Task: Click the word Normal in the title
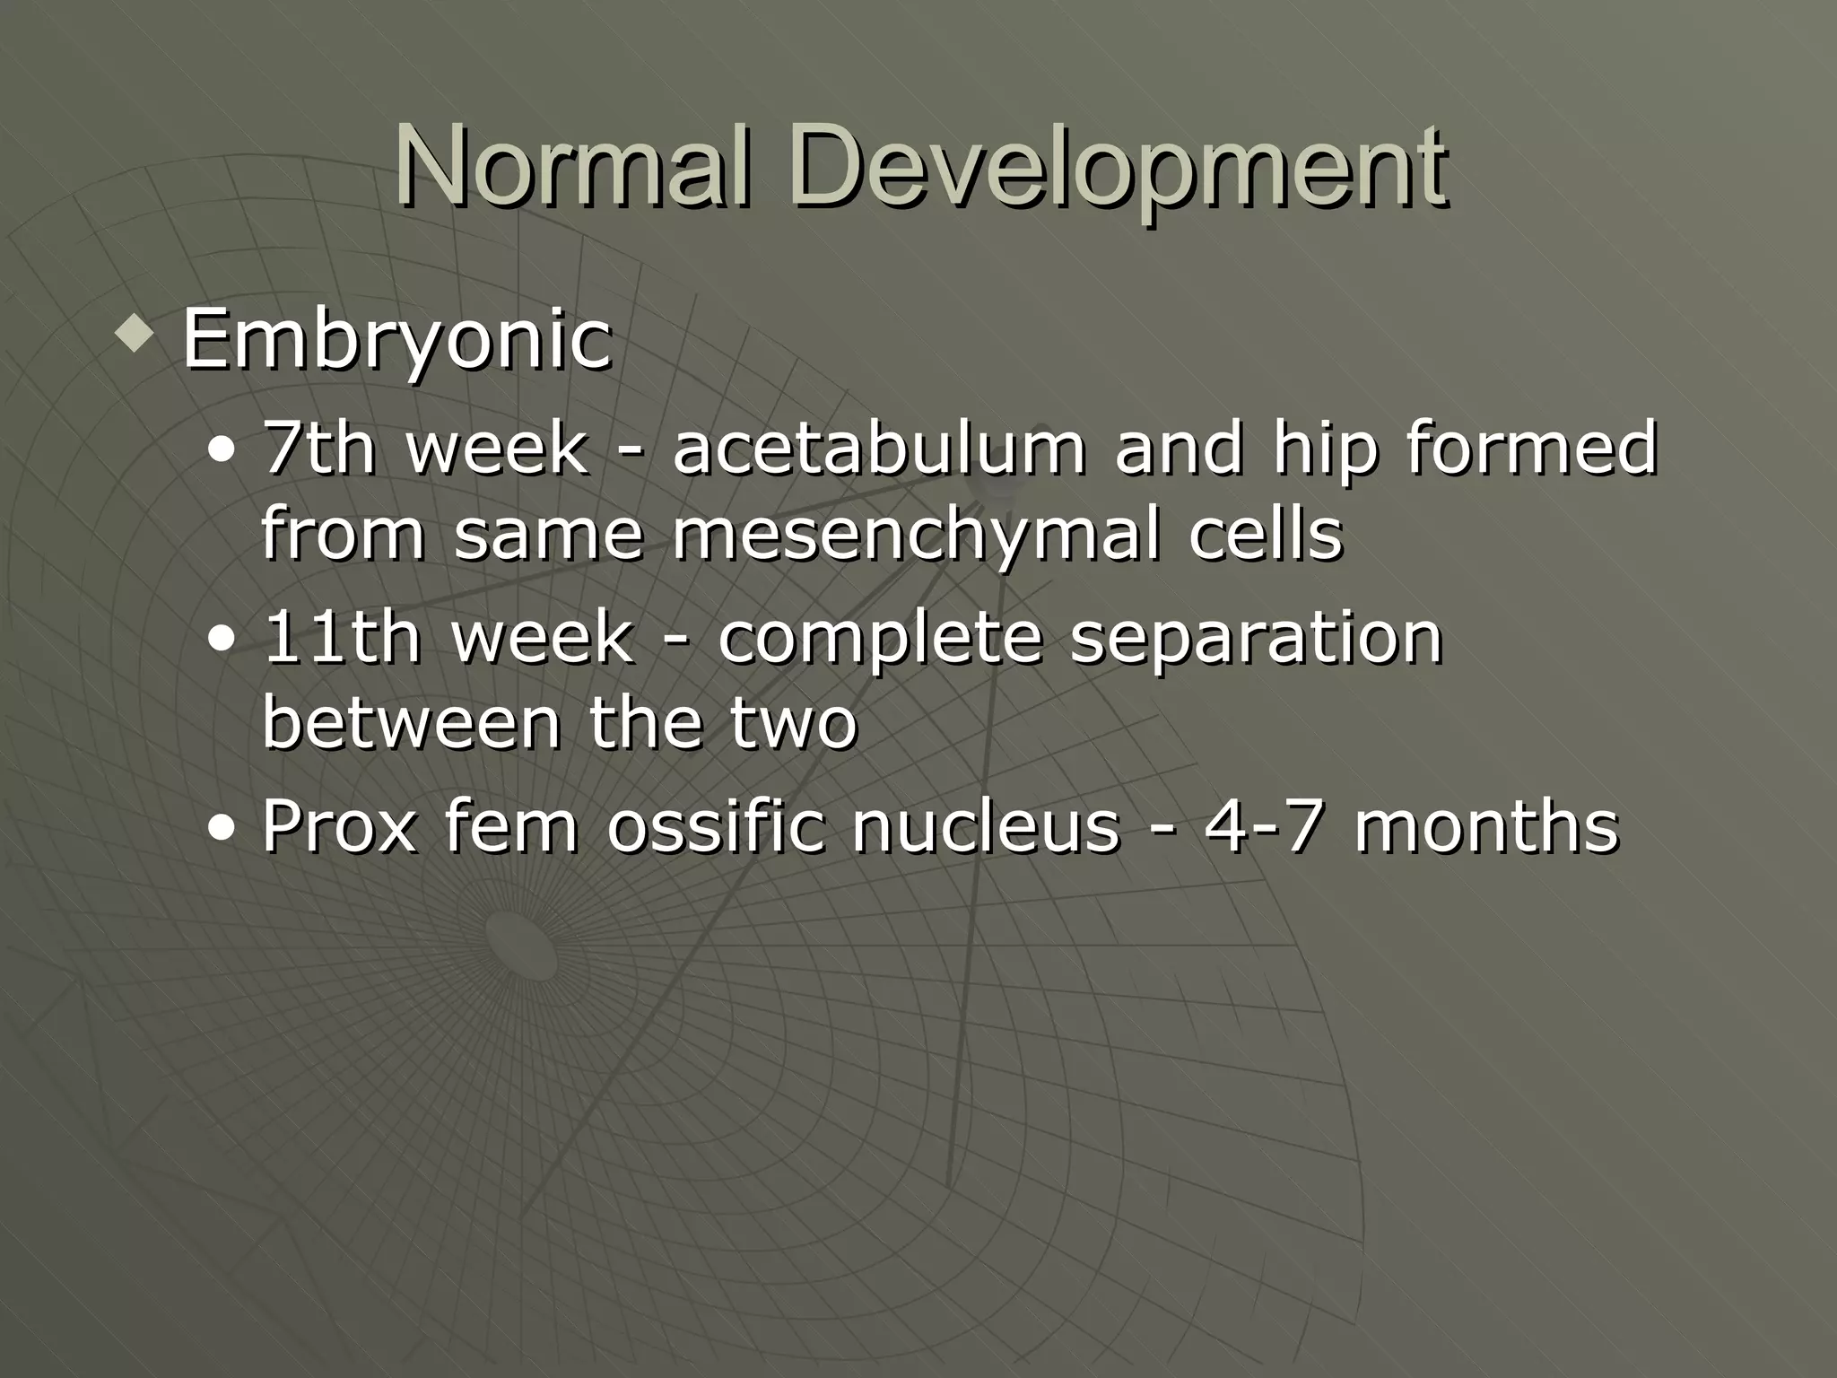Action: (570, 169)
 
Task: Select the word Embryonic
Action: (396, 341)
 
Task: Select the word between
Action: (411, 722)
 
